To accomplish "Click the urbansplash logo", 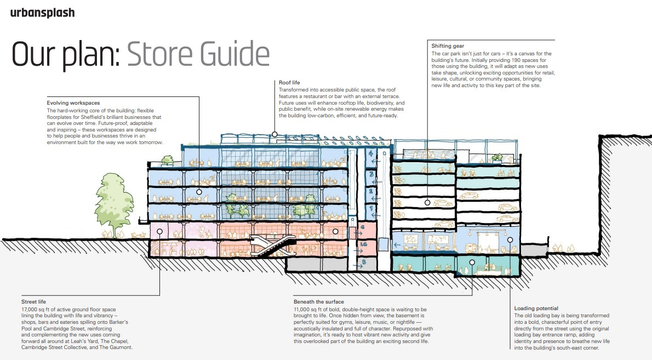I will tap(42, 13).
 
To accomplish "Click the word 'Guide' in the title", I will tap(237, 55).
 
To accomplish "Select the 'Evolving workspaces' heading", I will tap(73, 103).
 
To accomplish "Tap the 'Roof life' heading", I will tap(289, 83).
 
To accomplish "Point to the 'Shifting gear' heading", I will tap(448, 46).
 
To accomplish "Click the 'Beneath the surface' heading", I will tap(319, 302).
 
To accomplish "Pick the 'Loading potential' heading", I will tap(536, 308).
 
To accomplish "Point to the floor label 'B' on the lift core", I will tap(363, 262).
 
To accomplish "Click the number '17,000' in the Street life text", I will tap(32, 310).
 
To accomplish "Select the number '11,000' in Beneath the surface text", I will tap(305, 310).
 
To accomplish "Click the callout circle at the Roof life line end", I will tap(274, 134).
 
